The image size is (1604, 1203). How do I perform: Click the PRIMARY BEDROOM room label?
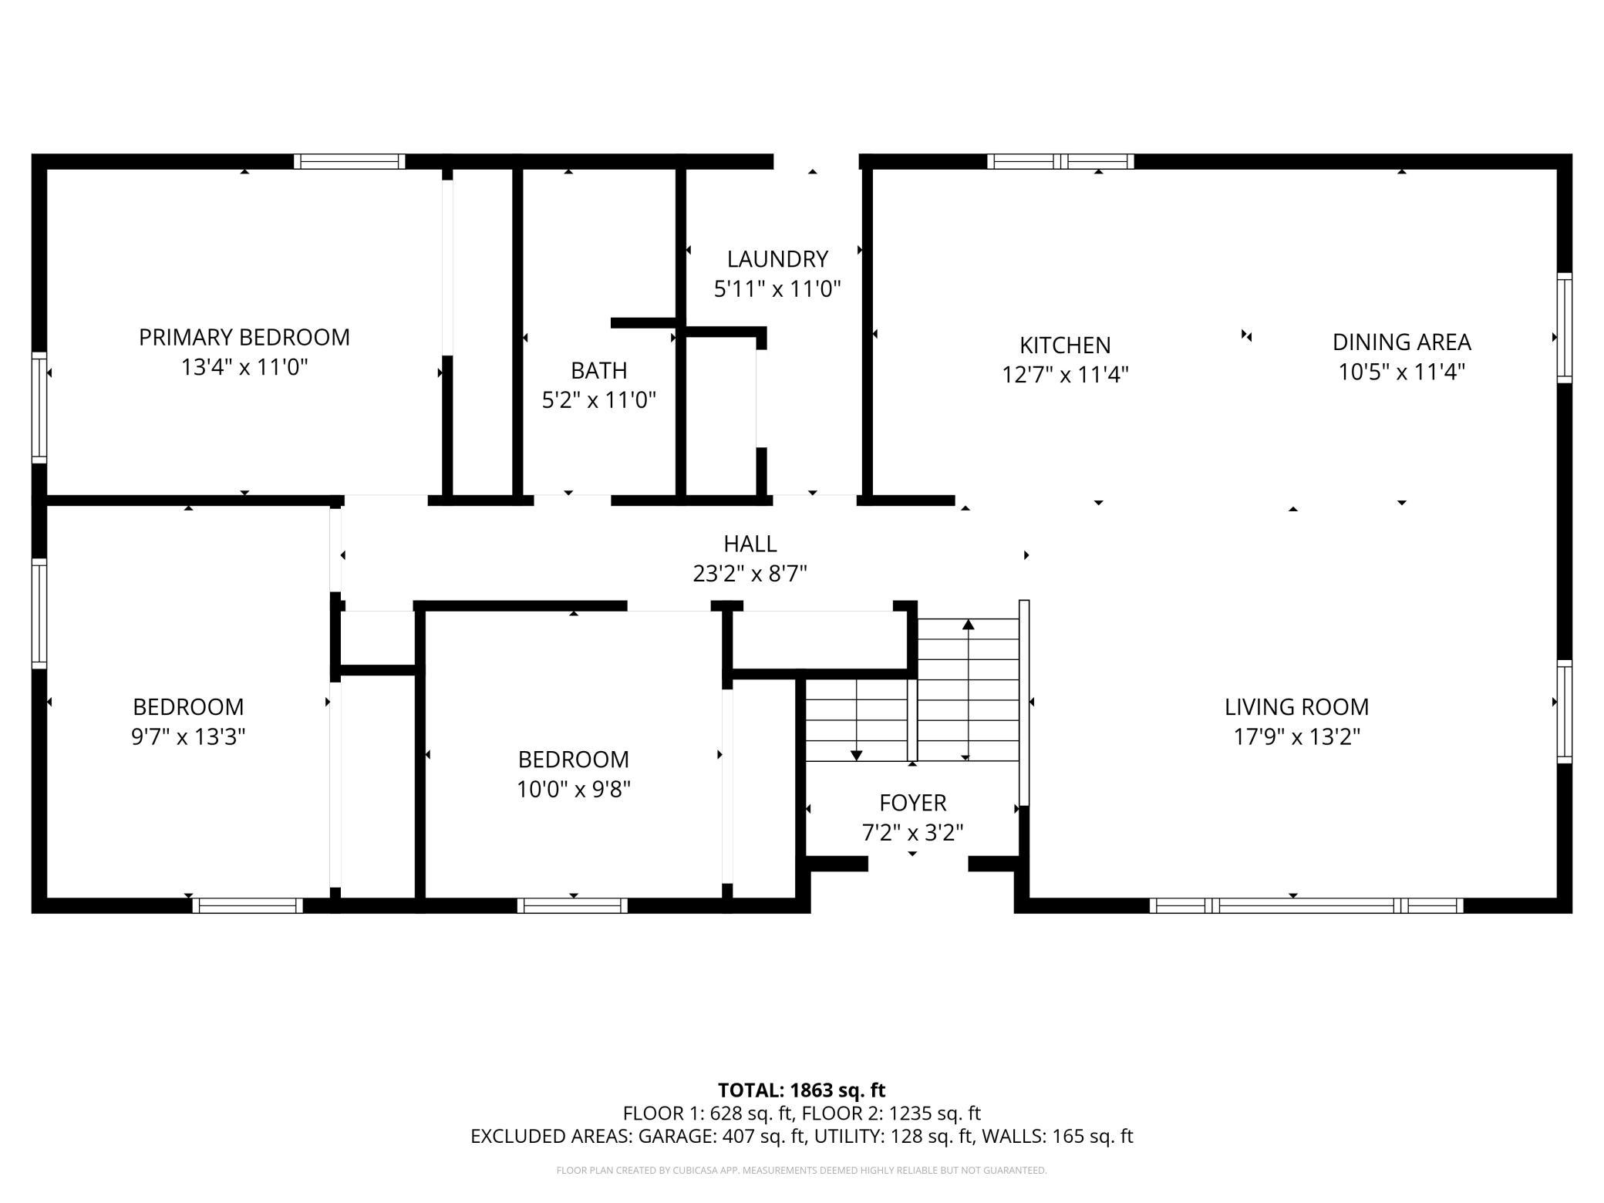click(x=244, y=338)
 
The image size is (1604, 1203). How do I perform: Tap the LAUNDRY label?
click(x=777, y=259)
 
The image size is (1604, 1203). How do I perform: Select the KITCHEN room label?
click(x=1065, y=345)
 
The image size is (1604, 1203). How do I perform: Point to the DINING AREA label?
click(x=1401, y=342)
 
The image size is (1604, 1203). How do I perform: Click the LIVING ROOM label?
click(x=1297, y=707)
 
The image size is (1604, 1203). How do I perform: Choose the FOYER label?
click(x=913, y=804)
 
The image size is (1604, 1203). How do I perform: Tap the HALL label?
click(x=750, y=544)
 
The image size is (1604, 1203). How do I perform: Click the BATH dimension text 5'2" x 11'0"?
click(x=599, y=400)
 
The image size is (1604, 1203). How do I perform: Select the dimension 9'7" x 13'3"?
click(x=188, y=737)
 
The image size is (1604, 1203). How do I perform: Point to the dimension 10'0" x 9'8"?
click(x=574, y=790)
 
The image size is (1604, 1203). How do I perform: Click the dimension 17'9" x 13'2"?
click(x=1297, y=737)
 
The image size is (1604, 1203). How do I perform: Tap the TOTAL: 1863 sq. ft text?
click(x=802, y=1090)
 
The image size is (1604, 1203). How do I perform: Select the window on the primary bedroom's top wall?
click(x=349, y=161)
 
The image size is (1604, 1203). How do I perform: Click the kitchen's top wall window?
click(x=1060, y=161)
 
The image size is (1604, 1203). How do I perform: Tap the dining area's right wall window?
click(x=1565, y=328)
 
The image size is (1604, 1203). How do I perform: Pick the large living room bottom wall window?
click(x=1306, y=905)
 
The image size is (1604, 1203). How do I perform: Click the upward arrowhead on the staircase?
click(x=969, y=624)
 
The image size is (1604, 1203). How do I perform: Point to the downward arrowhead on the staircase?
click(x=857, y=756)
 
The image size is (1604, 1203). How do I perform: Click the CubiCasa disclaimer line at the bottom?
click(x=802, y=1171)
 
